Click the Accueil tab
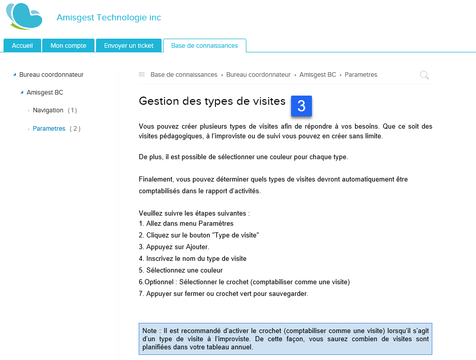coord(22,46)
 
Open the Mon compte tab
coord(68,46)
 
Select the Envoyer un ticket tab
coord(129,46)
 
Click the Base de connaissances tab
coord(204,46)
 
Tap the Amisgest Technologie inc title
coord(109,18)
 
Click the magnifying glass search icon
coord(424,75)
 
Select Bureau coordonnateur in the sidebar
coord(51,75)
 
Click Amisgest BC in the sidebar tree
coord(45,93)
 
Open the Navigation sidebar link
coord(48,110)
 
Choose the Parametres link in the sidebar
coord(49,129)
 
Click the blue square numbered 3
coord(301,106)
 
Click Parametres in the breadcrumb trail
coord(361,75)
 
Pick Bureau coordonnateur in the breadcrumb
coord(258,75)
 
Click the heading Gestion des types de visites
coord(212,101)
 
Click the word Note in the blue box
coord(149,331)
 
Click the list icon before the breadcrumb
coord(142,75)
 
